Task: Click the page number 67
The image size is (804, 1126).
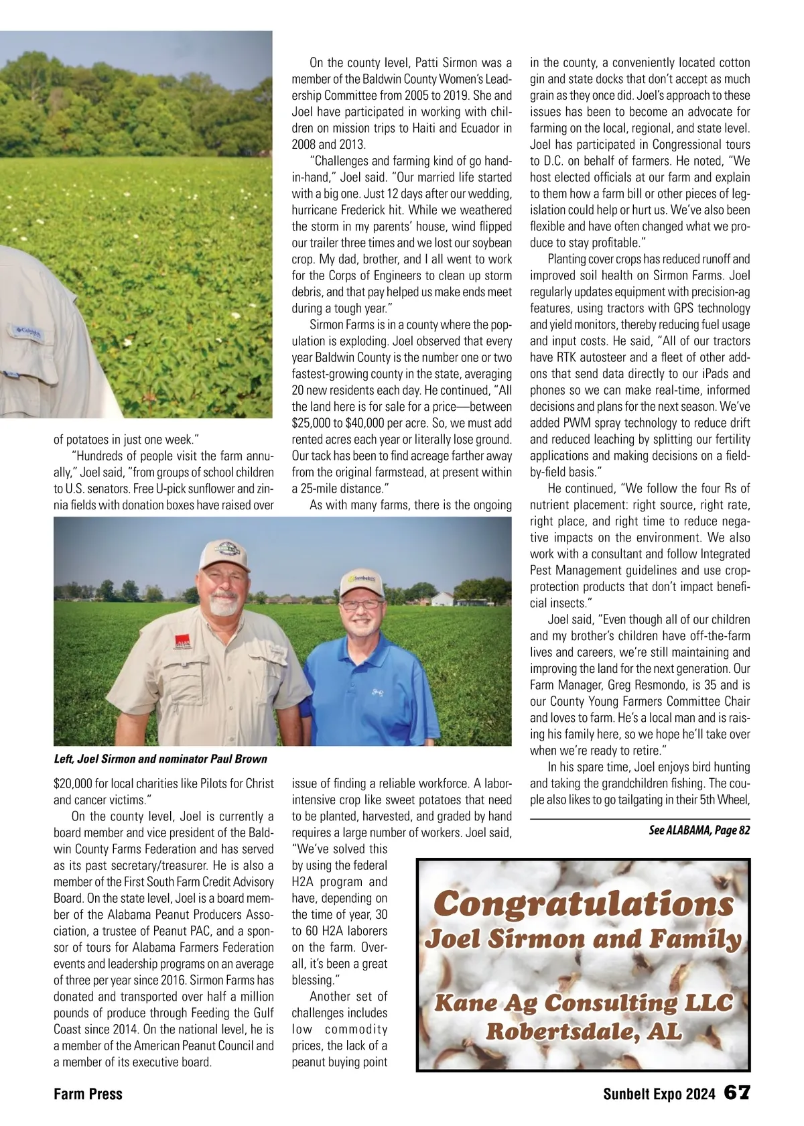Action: click(x=736, y=1093)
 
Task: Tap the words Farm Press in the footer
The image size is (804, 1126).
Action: click(x=88, y=1094)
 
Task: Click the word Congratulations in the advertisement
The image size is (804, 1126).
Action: click(x=584, y=905)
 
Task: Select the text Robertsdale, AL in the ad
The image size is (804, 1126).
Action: click(x=584, y=1031)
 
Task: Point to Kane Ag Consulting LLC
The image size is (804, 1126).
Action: click(x=584, y=1003)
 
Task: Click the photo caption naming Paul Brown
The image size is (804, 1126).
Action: click(x=160, y=759)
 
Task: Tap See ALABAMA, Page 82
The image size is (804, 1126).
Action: click(x=699, y=830)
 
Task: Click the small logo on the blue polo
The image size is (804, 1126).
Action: click(x=377, y=691)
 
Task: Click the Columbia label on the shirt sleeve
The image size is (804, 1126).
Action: click(x=28, y=332)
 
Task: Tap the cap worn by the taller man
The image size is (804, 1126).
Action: click(x=223, y=556)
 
